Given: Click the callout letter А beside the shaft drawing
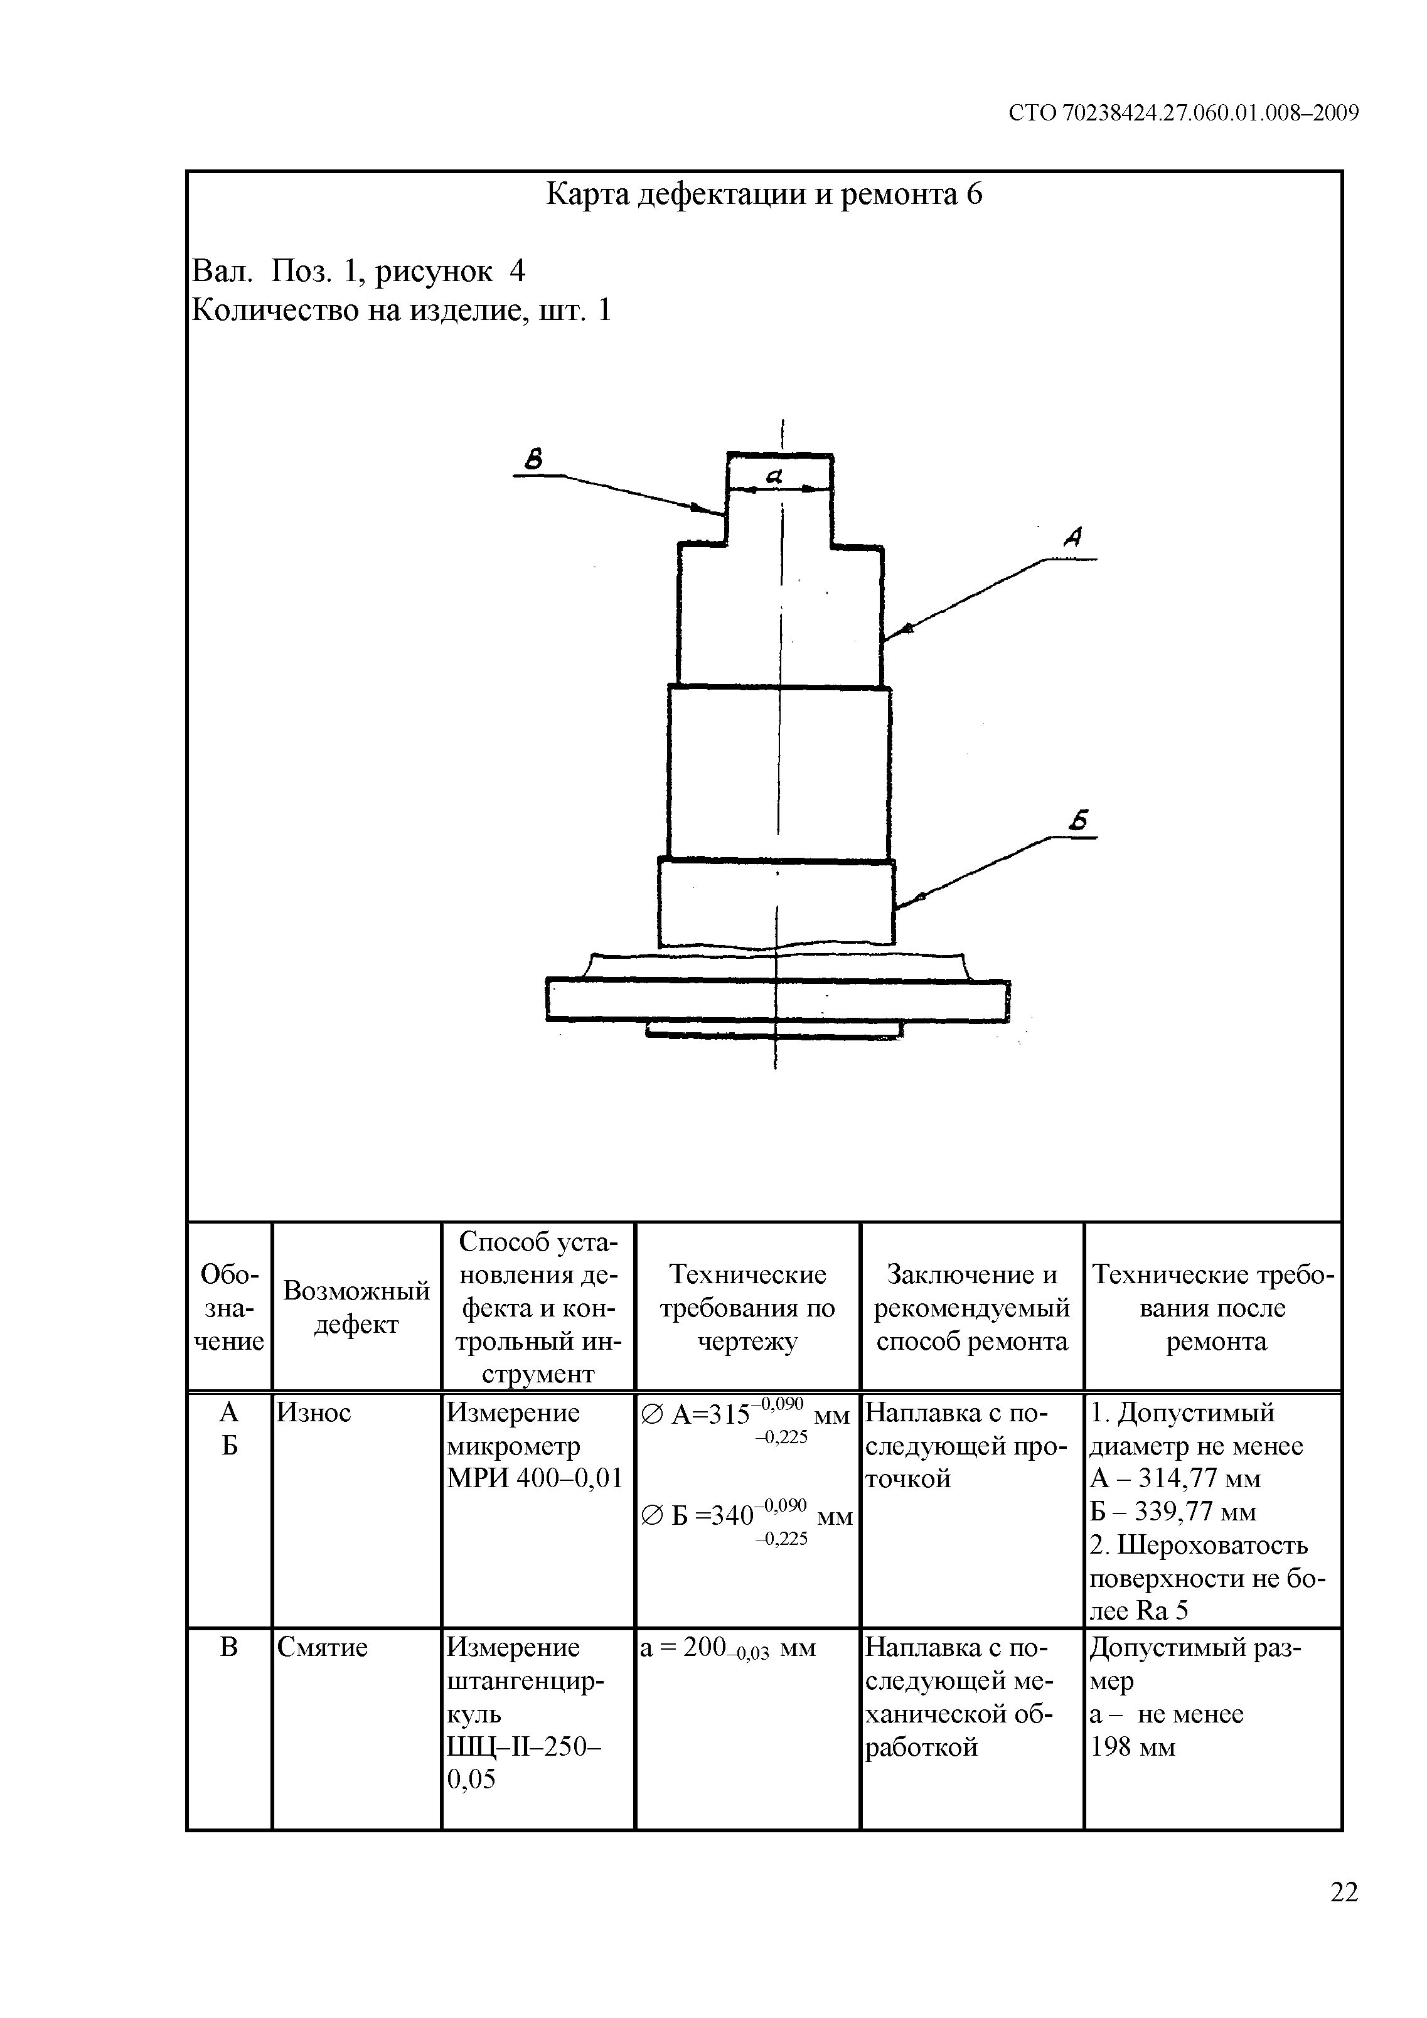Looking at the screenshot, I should click(x=1074, y=537).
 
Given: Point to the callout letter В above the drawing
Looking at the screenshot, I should click(x=533, y=459).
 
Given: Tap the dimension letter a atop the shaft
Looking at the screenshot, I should click(x=774, y=476).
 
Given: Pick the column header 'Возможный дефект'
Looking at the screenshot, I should click(x=356, y=1307).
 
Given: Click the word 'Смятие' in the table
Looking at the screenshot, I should click(x=322, y=1647).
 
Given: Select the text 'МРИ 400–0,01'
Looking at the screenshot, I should click(x=535, y=1478).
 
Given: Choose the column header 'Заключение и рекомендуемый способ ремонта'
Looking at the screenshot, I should click(x=971, y=1307).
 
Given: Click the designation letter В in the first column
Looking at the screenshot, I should click(x=228, y=1647).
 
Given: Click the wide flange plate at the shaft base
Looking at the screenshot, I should click(x=778, y=1000).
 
